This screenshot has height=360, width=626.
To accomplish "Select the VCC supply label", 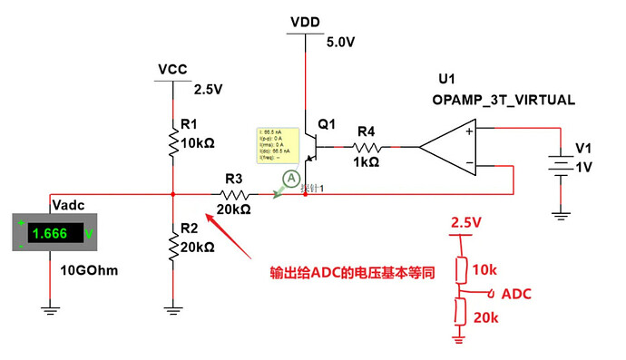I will [172, 70].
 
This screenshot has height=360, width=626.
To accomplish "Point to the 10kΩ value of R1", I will [198, 144].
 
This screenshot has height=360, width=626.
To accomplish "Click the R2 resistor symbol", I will [172, 242].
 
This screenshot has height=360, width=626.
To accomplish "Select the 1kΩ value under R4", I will [366, 162].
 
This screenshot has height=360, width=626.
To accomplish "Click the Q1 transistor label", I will [328, 123].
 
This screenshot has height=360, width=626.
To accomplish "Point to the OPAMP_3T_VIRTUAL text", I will [504, 100].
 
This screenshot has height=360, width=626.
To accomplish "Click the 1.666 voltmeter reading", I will [50, 233].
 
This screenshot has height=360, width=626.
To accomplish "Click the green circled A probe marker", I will [290, 180].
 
